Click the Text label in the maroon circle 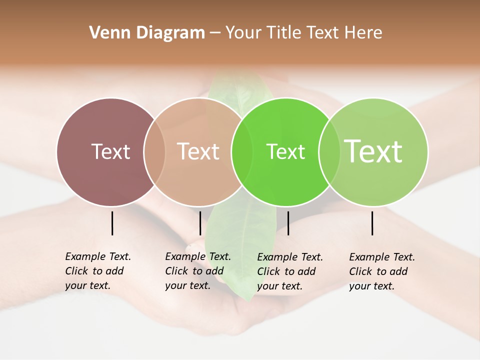pos(110,151)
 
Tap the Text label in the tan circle pos(198,151)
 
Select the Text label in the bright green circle pos(285,152)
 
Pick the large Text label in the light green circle pos(373,151)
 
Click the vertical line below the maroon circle pos(112,223)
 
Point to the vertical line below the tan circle pos(200,223)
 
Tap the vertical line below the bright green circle pos(288,223)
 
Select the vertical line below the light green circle pos(372,223)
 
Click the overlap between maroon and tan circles pos(154,152)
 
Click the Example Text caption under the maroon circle pos(97,271)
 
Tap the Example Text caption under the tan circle pos(197,271)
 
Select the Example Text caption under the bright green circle pos(289,271)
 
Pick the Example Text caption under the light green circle pos(381,271)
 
